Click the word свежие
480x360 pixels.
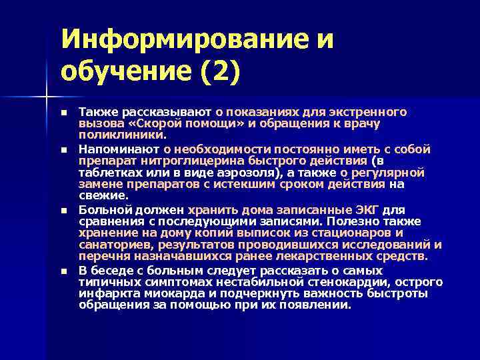coord(101,195)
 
